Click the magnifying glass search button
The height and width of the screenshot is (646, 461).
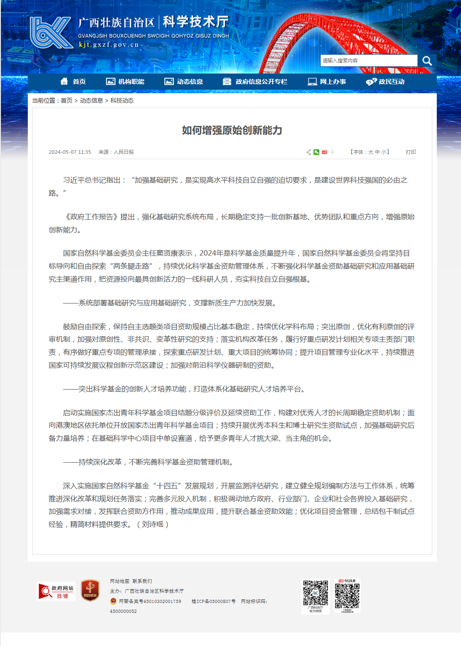click(427, 61)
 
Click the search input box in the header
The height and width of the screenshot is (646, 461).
click(369, 61)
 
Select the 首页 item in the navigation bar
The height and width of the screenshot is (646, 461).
click(73, 82)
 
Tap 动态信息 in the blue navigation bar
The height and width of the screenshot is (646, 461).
click(184, 82)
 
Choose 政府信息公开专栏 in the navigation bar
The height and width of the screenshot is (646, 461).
click(255, 82)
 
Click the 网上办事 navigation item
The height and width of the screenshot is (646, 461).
click(327, 82)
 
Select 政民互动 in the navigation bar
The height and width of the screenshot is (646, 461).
click(385, 82)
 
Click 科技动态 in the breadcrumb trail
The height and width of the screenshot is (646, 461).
click(122, 100)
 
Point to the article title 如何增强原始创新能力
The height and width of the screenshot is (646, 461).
click(232, 130)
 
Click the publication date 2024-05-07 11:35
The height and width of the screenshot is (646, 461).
click(70, 152)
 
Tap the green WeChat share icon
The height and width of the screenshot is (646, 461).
click(317, 152)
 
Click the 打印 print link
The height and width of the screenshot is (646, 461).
click(410, 152)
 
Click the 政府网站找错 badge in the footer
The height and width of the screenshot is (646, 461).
click(56, 591)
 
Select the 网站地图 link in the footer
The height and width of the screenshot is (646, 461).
click(119, 581)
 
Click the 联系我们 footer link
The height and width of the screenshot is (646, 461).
click(142, 581)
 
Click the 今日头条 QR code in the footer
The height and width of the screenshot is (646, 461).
click(347, 595)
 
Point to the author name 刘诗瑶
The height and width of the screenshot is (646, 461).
click(152, 524)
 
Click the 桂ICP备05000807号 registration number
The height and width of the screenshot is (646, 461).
click(213, 601)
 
